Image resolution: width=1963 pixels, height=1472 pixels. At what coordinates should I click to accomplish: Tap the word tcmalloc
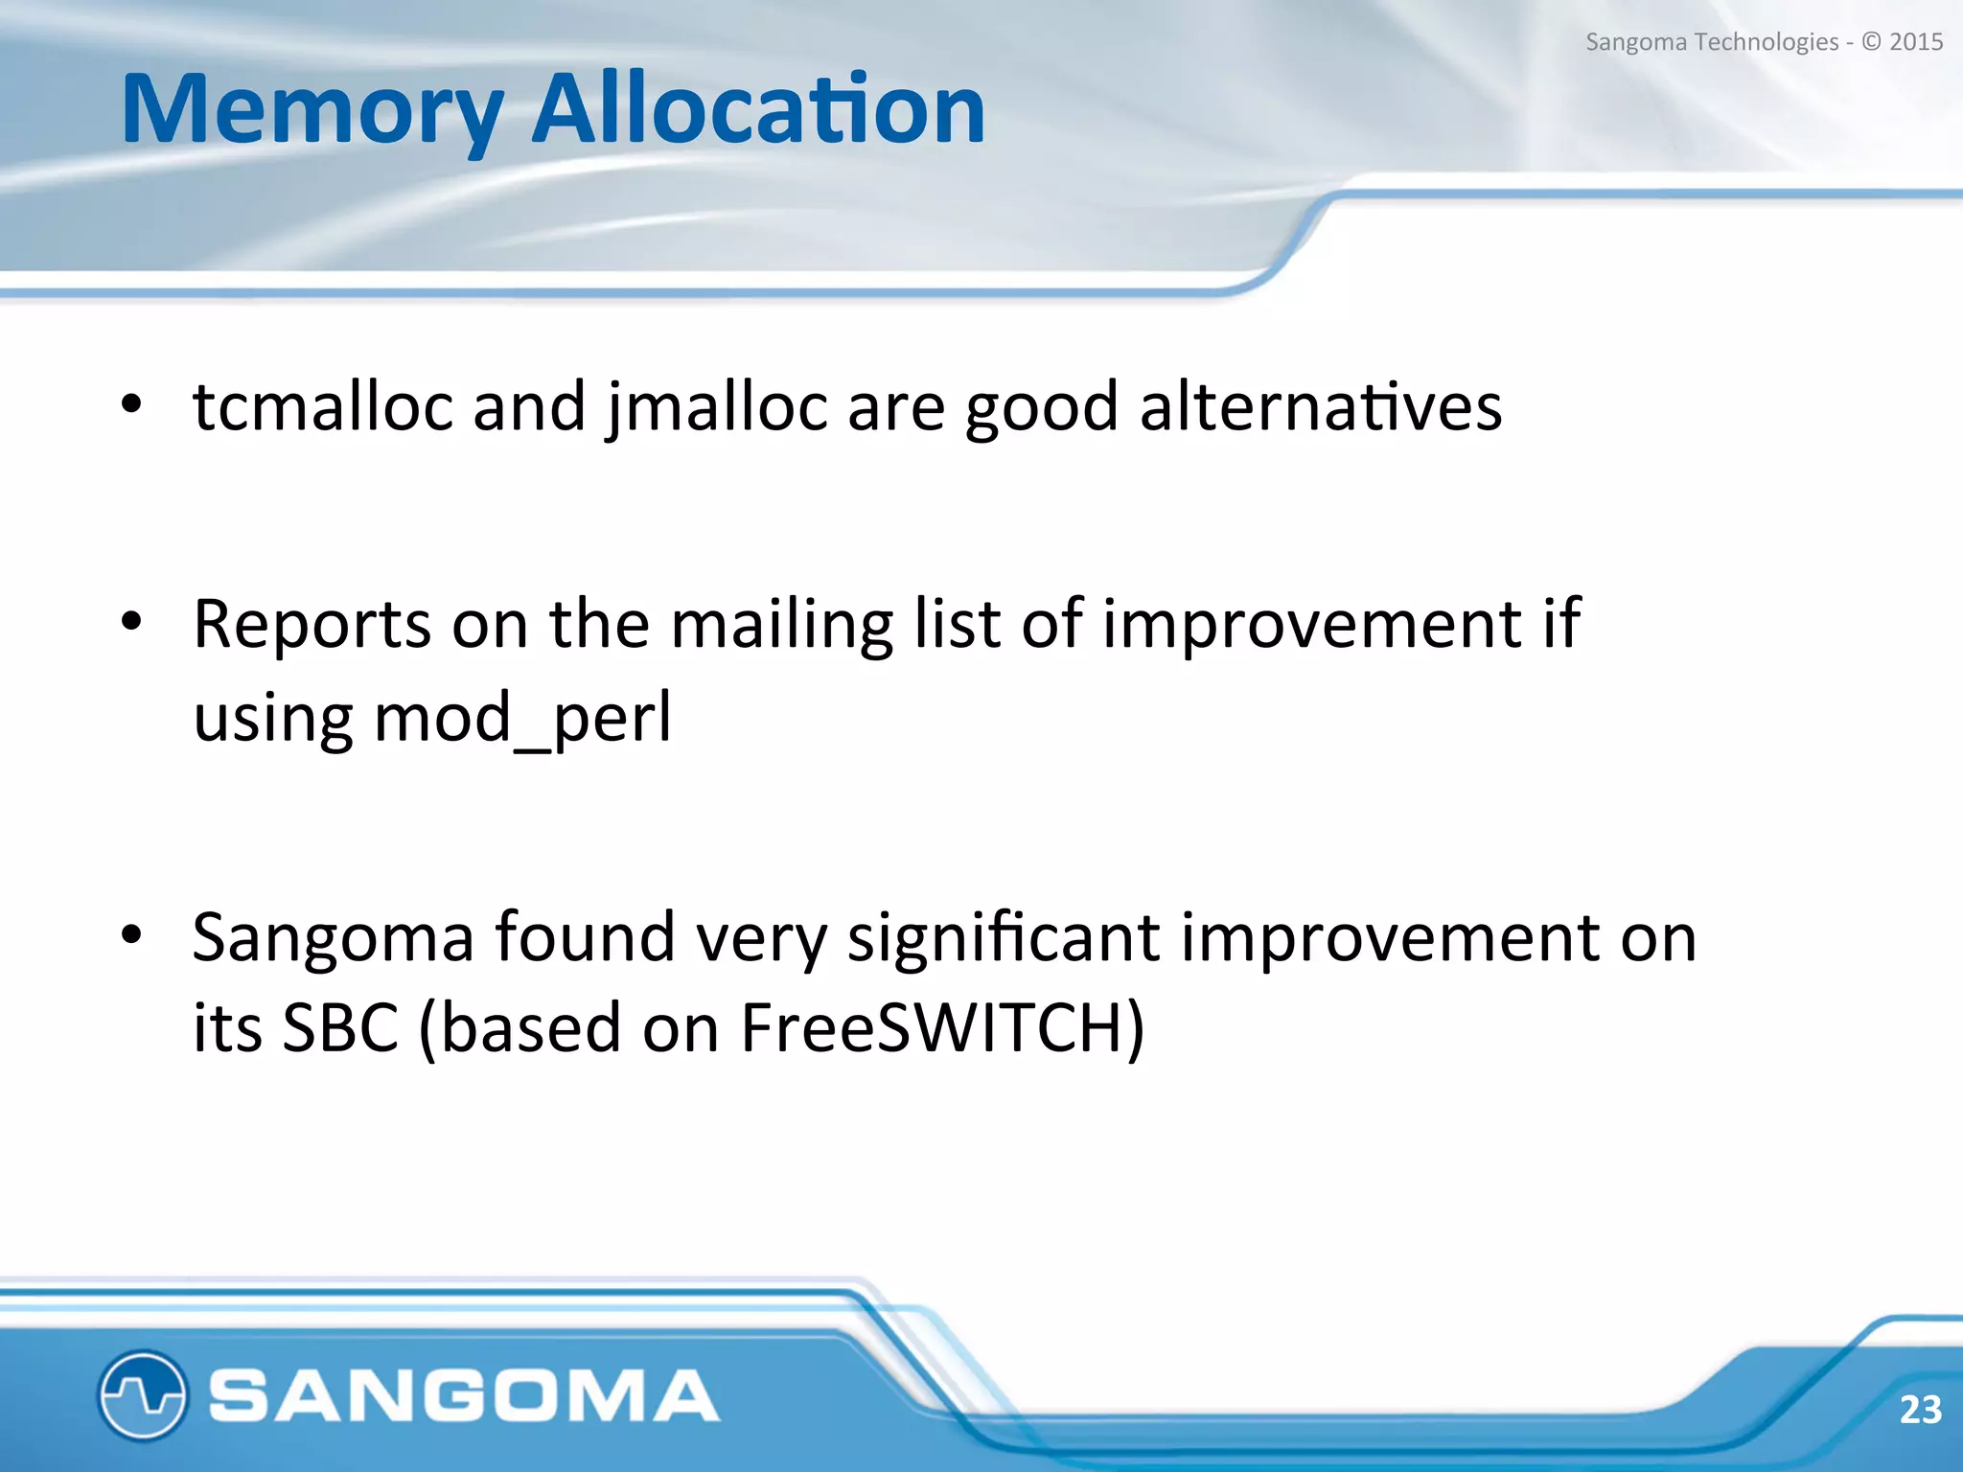322,406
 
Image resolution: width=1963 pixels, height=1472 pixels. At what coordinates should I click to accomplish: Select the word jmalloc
716,408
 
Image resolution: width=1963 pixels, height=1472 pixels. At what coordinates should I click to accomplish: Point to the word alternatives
1320,406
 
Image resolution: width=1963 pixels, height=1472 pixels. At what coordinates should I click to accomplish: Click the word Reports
312,625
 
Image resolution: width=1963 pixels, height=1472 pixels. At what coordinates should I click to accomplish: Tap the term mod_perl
522,719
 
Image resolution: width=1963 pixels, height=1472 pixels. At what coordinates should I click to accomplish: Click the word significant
1004,937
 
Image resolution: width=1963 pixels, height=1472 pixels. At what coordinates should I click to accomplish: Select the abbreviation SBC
340,1028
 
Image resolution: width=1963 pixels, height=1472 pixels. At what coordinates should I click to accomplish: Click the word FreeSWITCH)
942,1028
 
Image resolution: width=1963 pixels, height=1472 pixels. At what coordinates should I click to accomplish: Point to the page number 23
1920,1410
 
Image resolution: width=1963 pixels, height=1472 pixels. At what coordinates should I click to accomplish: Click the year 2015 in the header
1916,42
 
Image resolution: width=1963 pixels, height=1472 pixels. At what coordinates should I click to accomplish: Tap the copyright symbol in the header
1871,42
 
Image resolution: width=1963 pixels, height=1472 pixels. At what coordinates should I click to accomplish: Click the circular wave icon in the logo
142,1394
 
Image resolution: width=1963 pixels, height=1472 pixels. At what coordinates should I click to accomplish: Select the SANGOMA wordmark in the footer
464,1395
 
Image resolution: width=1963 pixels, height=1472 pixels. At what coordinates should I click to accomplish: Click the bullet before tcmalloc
131,405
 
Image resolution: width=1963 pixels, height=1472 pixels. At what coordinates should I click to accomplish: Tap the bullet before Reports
131,623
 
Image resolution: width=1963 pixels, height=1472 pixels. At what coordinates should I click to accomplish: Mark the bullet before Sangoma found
131,935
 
